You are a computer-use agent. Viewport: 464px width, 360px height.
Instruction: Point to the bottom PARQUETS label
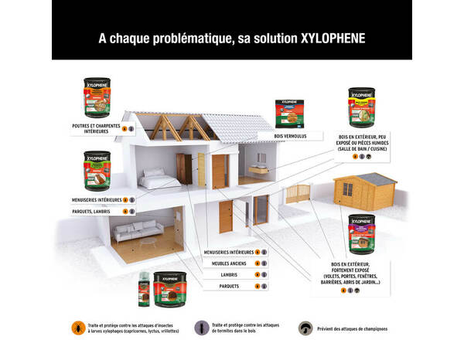pos(228,287)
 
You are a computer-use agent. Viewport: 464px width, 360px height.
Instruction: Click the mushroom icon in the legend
pos(306,328)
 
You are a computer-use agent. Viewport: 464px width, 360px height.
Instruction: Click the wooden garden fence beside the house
pos(298,193)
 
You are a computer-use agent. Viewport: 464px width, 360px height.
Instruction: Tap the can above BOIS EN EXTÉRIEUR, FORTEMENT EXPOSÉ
pos(362,235)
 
